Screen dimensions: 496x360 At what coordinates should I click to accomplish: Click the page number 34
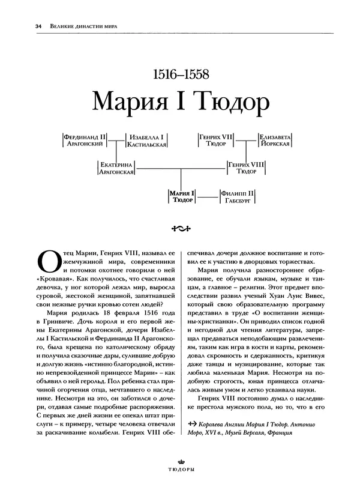pyautogui.click(x=22, y=26)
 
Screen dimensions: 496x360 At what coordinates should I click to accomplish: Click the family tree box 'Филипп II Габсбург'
pyautogui.click(x=238, y=196)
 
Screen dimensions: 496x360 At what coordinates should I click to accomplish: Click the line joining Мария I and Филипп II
pyautogui.click(x=206, y=196)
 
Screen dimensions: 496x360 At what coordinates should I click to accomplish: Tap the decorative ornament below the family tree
pyautogui.click(x=180, y=228)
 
